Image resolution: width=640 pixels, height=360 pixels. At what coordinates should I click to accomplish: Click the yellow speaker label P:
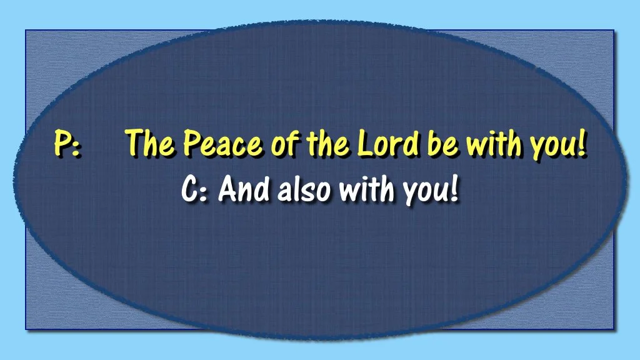[66, 145]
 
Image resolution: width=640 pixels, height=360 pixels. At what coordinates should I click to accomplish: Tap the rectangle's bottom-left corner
[26, 329]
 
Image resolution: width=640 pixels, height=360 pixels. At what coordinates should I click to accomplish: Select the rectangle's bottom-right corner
[614, 329]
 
